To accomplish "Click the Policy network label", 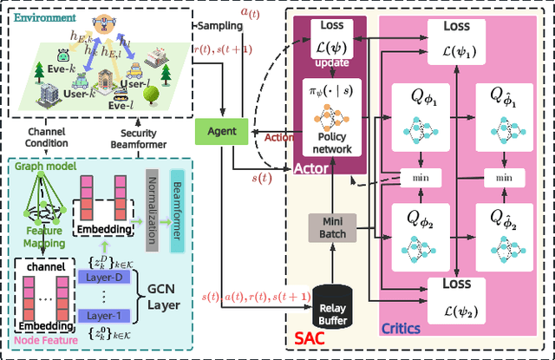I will tap(333, 142).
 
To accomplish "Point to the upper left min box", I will tap(414, 177).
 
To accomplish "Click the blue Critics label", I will tap(402, 328).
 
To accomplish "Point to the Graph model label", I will tap(41, 167).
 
